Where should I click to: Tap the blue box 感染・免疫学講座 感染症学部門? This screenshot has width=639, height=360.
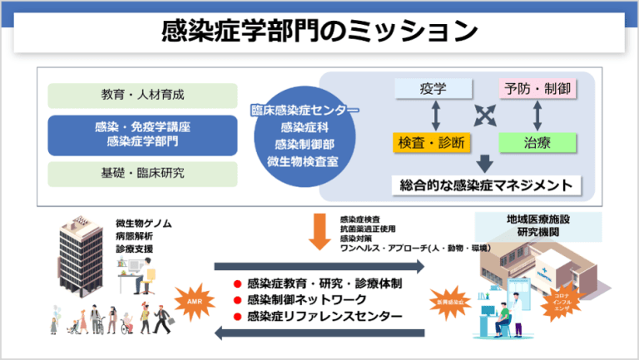[x=143, y=135]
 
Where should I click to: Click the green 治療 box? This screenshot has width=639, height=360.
[x=537, y=143]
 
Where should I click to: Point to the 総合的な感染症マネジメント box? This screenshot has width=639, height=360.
[x=486, y=184]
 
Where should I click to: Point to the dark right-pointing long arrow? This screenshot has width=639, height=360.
[x=319, y=266]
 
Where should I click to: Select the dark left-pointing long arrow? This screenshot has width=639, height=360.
[x=319, y=333]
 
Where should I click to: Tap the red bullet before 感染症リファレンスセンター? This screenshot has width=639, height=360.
[x=237, y=316]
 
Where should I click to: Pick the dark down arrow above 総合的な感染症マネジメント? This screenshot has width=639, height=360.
[x=485, y=164]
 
